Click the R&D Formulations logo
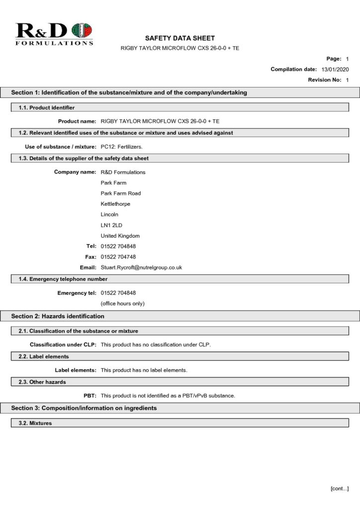coord(54,34)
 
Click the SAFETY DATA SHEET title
coord(180,38)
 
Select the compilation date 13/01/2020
coord(335,70)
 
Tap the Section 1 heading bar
coord(129,92)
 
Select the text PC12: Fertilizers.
coord(122,147)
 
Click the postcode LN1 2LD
coord(111,225)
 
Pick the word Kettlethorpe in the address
coord(115,204)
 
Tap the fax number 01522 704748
coord(118,257)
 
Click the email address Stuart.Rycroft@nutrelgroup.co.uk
coord(141,267)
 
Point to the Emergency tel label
coord(78,293)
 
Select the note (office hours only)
coord(122,304)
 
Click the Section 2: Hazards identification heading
coord(58,316)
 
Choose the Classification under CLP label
coord(63,345)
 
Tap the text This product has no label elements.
coord(144,370)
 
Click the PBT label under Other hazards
coord(90,396)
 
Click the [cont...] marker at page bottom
coord(340,489)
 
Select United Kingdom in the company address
coord(120,236)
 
